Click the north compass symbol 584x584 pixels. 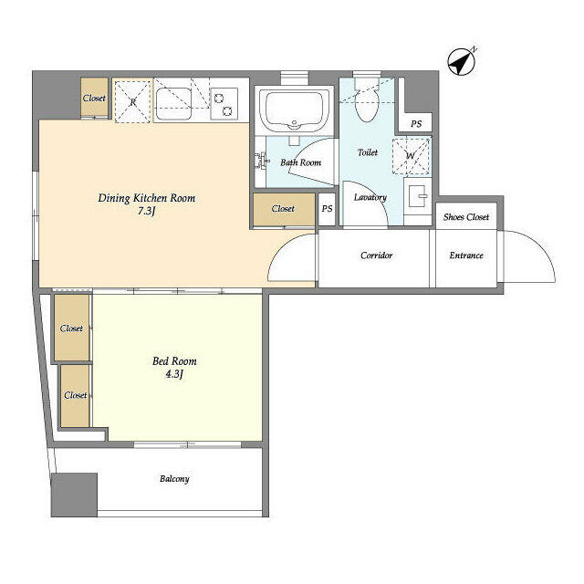coord(462,61)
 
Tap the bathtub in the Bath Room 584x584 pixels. coord(294,109)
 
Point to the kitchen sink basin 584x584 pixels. coord(173,104)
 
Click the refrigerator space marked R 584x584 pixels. coord(133,100)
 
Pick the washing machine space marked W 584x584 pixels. coord(412,156)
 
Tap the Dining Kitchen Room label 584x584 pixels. coord(146,198)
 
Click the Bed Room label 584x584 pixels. coord(174,361)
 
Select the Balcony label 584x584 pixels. coord(174,478)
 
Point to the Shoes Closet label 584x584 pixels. coord(466,217)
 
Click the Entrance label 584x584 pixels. coord(466,255)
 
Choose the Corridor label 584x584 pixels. coord(376,255)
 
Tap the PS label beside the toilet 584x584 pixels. coord(416,124)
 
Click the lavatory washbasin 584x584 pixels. coord(418,196)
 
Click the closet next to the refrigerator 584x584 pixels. coord(95,98)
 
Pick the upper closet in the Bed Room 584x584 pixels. coord(71,328)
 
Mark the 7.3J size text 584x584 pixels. coord(146,211)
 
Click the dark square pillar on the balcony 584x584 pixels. coord(74,495)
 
